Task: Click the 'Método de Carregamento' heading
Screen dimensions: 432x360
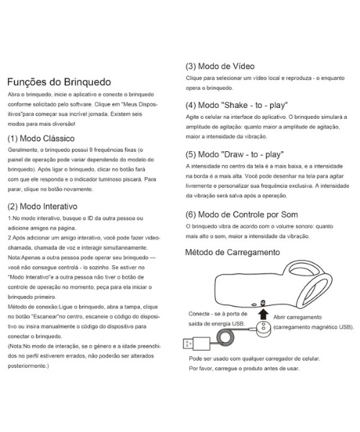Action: pos(233,253)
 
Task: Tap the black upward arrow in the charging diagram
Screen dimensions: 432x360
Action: pos(263,315)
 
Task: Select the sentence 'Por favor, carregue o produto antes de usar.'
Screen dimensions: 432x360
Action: pos(243,368)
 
